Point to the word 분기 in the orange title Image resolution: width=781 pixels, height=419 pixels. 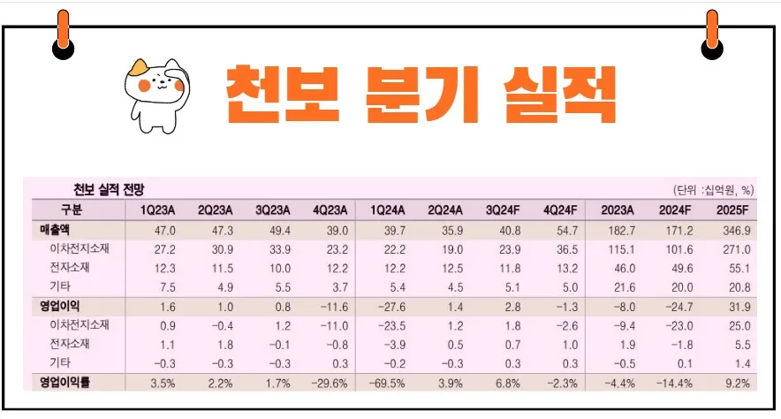point(413,94)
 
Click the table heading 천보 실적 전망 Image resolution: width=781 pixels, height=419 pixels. point(109,190)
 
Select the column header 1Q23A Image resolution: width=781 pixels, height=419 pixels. point(156,210)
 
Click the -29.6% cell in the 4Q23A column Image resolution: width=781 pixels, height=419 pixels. point(328,383)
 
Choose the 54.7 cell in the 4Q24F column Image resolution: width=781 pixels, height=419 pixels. point(562,230)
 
